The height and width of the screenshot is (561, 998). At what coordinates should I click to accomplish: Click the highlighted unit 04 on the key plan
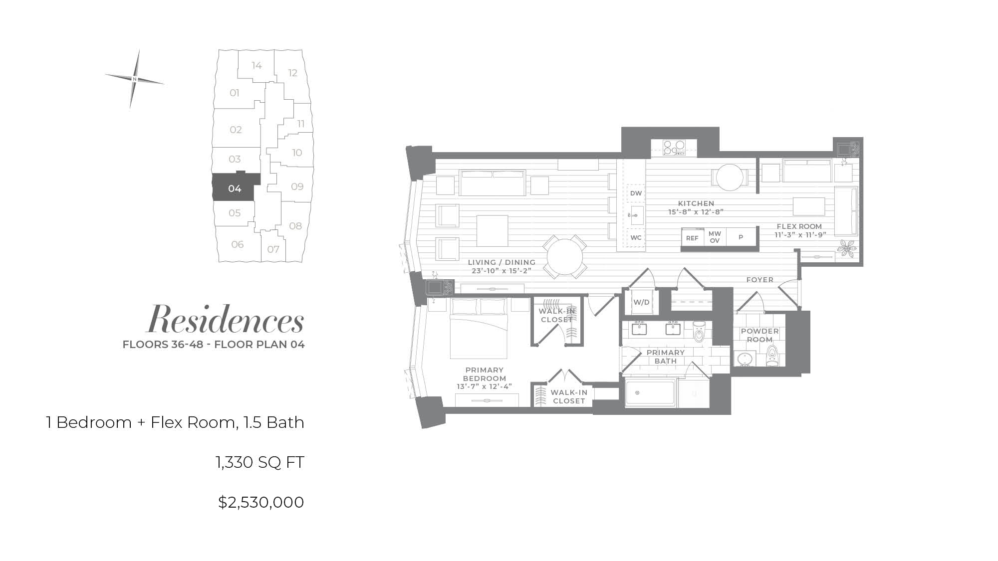coord(234,188)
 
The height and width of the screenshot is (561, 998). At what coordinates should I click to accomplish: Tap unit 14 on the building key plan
coord(256,65)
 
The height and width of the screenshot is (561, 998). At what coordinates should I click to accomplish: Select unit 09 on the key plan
coord(297,187)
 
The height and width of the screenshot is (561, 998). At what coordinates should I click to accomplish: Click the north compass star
coord(135,79)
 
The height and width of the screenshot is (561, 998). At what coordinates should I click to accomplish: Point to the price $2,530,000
coord(261,502)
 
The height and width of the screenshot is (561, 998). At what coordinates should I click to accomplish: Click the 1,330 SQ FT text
coord(260,462)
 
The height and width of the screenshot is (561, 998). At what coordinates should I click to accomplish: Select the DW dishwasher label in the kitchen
coord(636,193)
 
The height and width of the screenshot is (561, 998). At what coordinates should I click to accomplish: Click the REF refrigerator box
coord(692,238)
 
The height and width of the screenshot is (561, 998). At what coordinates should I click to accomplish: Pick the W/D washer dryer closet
coord(641,302)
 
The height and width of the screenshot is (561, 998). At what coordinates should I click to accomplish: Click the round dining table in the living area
coord(564,257)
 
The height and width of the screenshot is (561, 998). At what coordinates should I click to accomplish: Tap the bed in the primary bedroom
coord(479,328)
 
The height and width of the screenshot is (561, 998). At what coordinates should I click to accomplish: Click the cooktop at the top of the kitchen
coord(673,148)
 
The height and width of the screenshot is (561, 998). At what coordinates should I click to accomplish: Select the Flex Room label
coord(799,226)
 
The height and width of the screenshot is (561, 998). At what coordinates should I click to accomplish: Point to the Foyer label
coord(759,280)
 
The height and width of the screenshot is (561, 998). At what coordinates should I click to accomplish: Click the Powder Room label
coord(759,335)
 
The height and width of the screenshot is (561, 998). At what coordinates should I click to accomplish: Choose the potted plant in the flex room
coord(847,248)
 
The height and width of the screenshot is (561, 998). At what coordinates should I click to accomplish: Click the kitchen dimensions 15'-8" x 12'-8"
coord(696,212)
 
